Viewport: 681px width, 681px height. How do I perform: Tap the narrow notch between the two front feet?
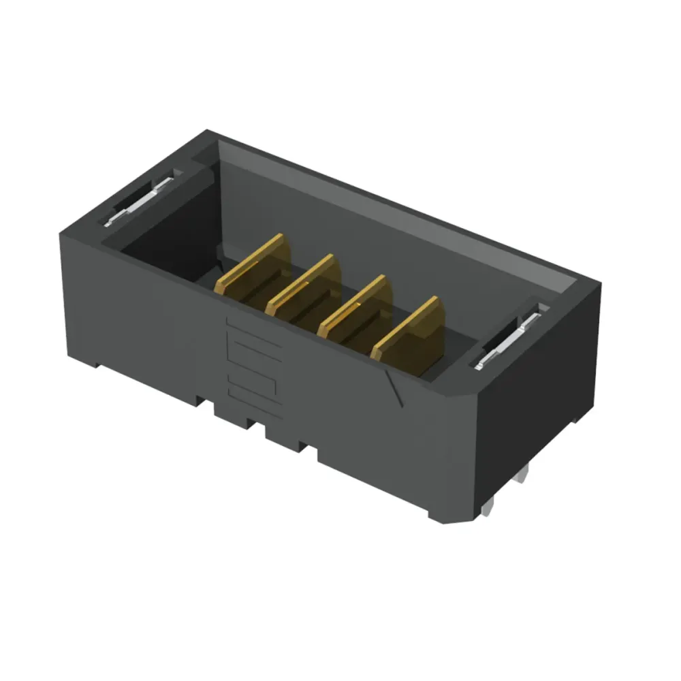click(259, 426)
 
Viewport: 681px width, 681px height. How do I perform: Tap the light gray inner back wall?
click(381, 218)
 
